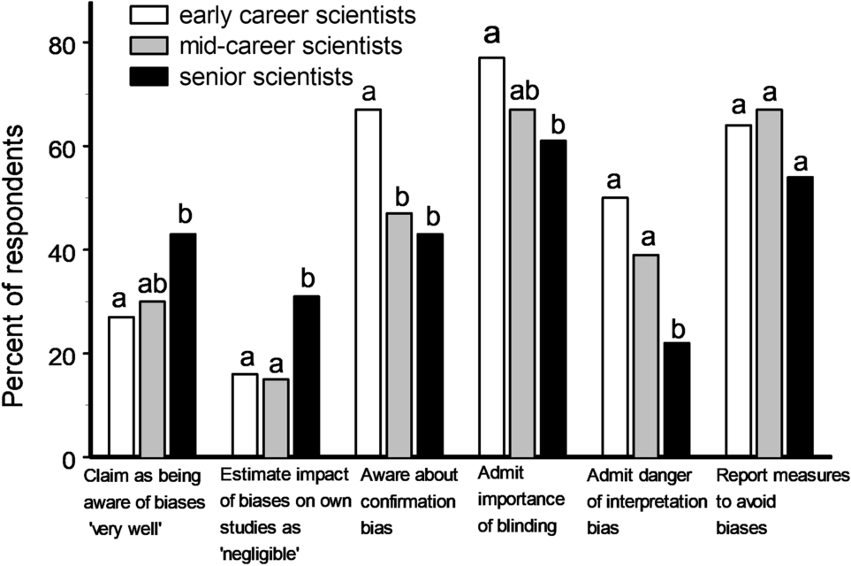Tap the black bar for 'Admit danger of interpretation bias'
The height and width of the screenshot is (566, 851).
pyautogui.click(x=676, y=400)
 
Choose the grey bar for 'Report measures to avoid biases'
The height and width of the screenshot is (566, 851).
pyautogui.click(x=769, y=283)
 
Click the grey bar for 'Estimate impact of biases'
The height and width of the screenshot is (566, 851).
pyautogui.click(x=276, y=417)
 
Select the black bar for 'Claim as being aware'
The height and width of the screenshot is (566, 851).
pyautogui.click(x=182, y=345)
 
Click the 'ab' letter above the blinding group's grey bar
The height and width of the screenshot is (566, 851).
pyautogui.click(x=522, y=90)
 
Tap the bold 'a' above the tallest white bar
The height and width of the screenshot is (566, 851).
pyautogui.click(x=492, y=34)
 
